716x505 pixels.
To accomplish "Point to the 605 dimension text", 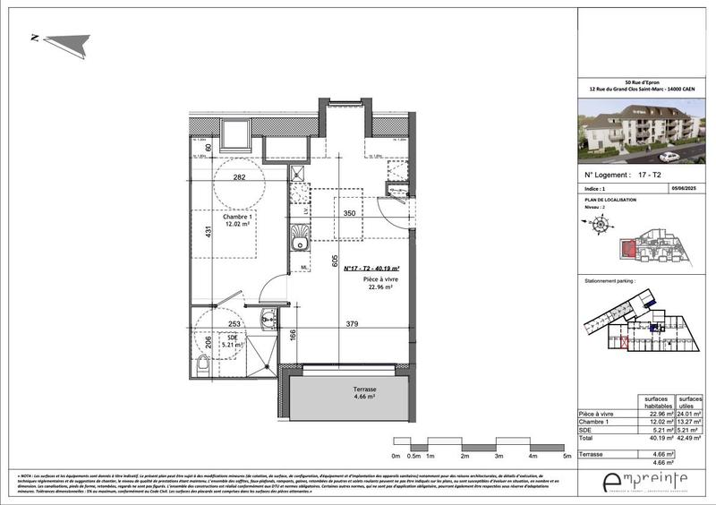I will click(x=334, y=262).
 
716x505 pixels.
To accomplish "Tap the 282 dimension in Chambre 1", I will click(x=240, y=177).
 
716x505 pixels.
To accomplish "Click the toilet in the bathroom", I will click(x=204, y=363).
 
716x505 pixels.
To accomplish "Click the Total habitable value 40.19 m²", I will click(x=653, y=439).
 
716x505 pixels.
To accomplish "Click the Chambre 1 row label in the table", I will click(x=598, y=421).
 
